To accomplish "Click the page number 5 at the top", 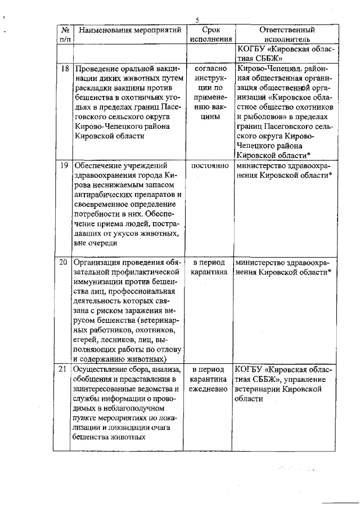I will pos(197,20).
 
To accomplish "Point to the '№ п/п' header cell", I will pos(65,35).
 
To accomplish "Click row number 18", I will pos(65,69).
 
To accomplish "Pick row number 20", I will pos(65,263).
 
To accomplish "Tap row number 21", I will pos(65,370).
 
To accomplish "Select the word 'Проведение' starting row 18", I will pos(96,69).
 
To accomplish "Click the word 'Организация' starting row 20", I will pos(98,263).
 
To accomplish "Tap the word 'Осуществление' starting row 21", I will pos(102,370).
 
